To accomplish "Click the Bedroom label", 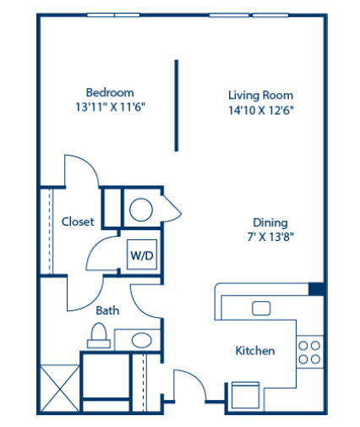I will point(110,92).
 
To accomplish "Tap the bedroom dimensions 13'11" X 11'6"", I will point(110,107).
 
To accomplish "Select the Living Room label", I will point(260,96).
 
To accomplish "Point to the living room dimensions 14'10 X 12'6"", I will point(260,110).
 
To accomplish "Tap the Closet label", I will point(78,222).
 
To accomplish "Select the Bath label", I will point(106,310).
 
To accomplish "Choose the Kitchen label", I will point(254,350).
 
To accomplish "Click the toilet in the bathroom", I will point(98,337).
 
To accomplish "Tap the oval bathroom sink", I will point(141,340).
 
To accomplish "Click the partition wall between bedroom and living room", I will point(177,105).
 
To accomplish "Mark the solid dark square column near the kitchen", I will point(315,289).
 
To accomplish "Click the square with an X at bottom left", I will point(59,388).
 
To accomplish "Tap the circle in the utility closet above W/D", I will point(140,208).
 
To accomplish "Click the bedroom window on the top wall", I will point(114,14).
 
